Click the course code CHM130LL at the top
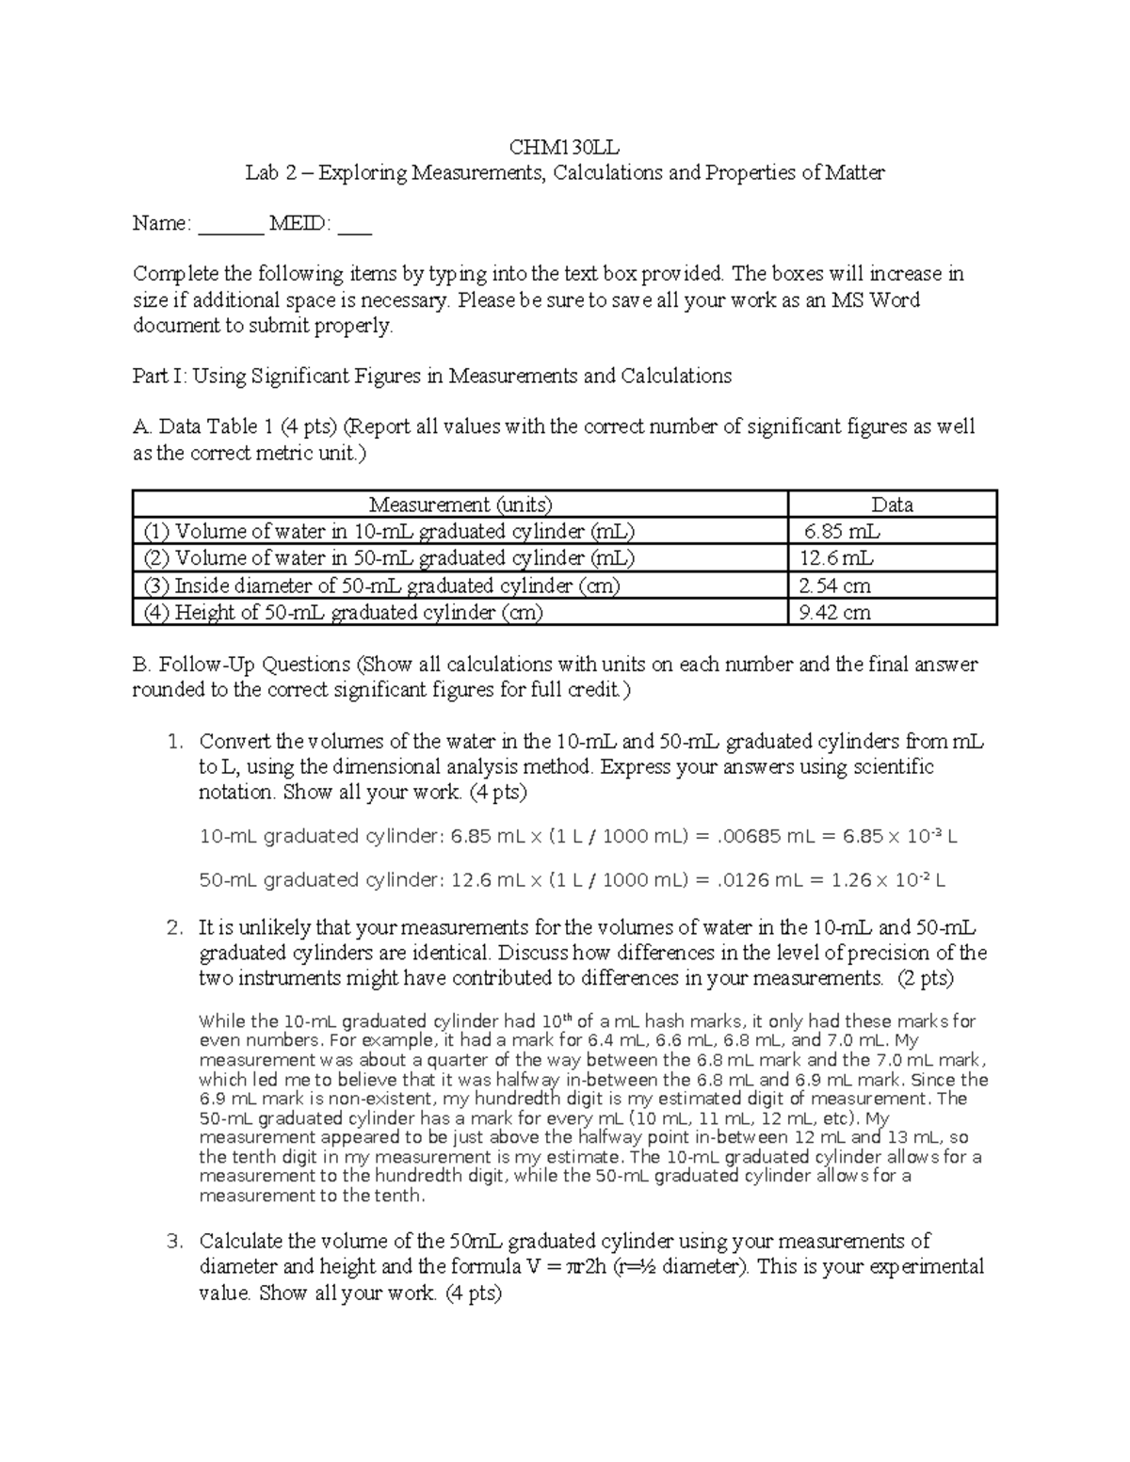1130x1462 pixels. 564,147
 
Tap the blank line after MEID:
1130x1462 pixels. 355,226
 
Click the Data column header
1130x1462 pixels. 892,505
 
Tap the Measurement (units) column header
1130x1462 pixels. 460,505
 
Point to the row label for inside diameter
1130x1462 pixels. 381,586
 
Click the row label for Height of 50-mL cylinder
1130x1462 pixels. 343,613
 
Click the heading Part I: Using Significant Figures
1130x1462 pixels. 431,377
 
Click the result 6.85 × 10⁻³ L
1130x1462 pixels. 899,836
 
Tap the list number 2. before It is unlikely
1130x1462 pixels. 174,927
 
